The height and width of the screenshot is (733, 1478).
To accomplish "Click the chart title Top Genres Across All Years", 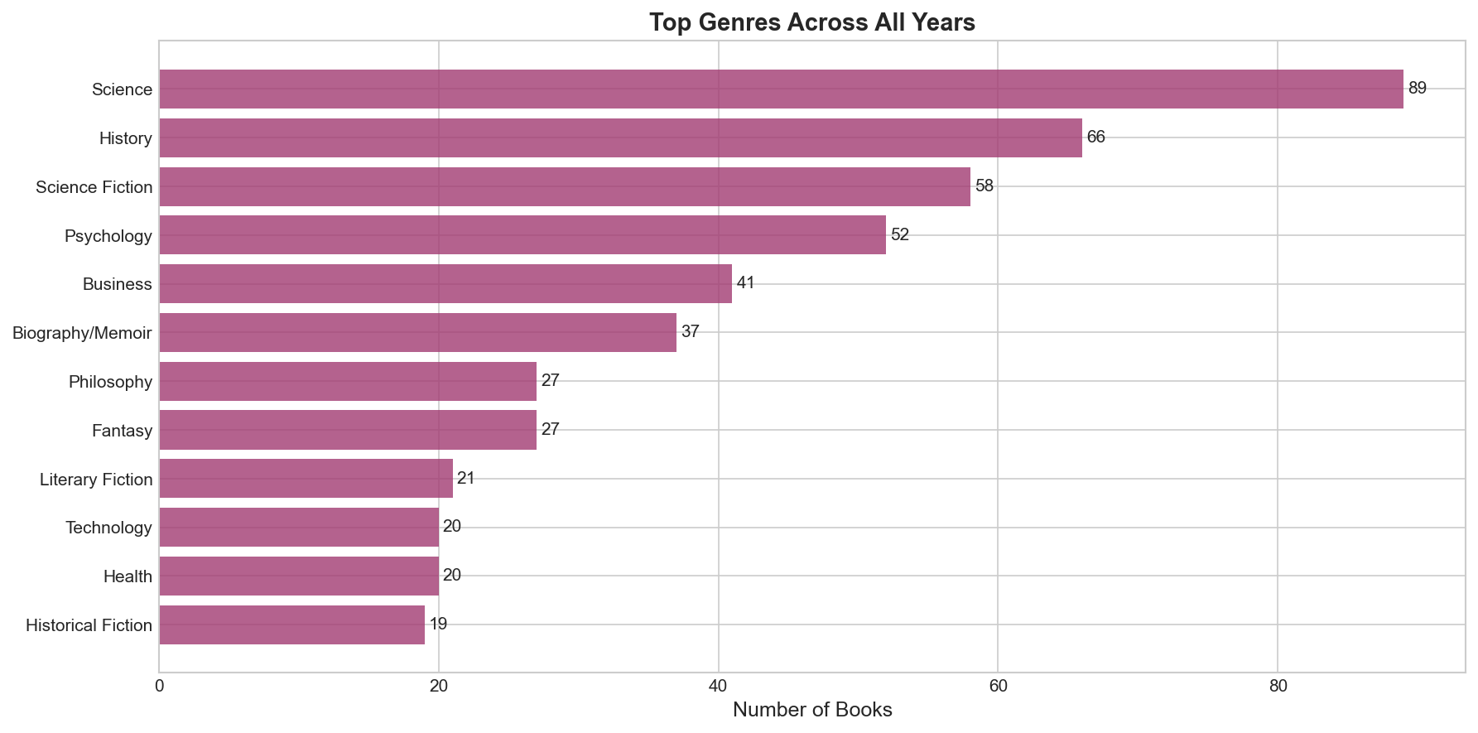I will point(811,22).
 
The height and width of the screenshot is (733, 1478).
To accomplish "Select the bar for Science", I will point(781,89).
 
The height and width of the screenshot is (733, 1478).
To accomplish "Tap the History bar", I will point(620,137).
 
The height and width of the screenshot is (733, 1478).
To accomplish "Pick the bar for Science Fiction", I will point(564,186).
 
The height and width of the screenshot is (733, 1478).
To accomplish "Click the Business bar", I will point(445,283).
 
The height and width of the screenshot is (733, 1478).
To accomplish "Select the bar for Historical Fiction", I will point(291,624).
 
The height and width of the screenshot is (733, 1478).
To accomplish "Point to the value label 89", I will point(1417,89).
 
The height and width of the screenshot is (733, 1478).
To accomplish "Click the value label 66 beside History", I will point(1095,137).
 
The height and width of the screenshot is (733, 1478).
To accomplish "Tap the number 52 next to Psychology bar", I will point(899,235).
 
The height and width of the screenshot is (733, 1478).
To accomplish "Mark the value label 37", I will point(690,332).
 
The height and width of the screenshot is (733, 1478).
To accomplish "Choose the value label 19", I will point(438,624).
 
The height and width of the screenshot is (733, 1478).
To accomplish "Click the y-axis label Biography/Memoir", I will point(82,333).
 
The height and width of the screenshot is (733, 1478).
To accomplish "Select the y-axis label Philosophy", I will point(110,382).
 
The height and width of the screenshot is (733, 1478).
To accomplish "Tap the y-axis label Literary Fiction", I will point(96,480).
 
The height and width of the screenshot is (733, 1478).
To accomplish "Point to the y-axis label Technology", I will point(108,528).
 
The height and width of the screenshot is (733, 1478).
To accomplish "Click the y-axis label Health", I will point(128,576).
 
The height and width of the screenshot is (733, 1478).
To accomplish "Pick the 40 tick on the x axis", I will point(718,687).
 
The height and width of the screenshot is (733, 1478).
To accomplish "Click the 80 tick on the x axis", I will point(1278,687).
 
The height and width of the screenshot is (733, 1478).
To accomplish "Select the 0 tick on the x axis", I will point(159,687).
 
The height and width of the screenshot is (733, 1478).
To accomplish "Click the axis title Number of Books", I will point(811,711).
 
